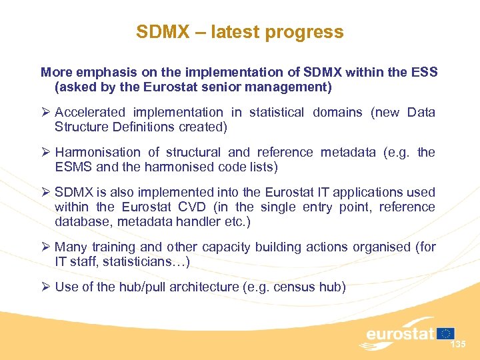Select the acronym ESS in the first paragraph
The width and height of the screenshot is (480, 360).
[x=425, y=72]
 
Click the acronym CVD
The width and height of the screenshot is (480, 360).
[x=193, y=207]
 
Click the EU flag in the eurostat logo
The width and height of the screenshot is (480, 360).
[x=446, y=333]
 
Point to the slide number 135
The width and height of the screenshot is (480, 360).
[x=458, y=345]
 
